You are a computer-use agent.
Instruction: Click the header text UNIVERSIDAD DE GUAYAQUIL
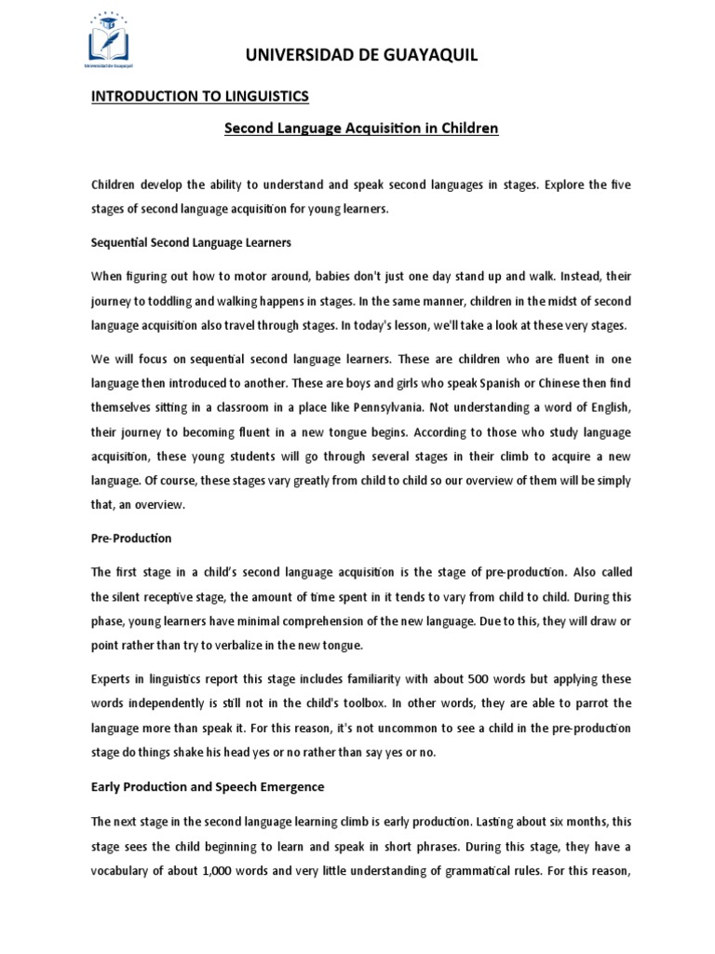click(x=361, y=56)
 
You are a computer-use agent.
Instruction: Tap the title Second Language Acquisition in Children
click(x=361, y=129)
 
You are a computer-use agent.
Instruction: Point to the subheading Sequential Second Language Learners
click(x=191, y=242)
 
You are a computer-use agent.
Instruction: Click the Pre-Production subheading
click(x=131, y=538)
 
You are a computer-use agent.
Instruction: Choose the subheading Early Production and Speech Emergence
click(x=208, y=786)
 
